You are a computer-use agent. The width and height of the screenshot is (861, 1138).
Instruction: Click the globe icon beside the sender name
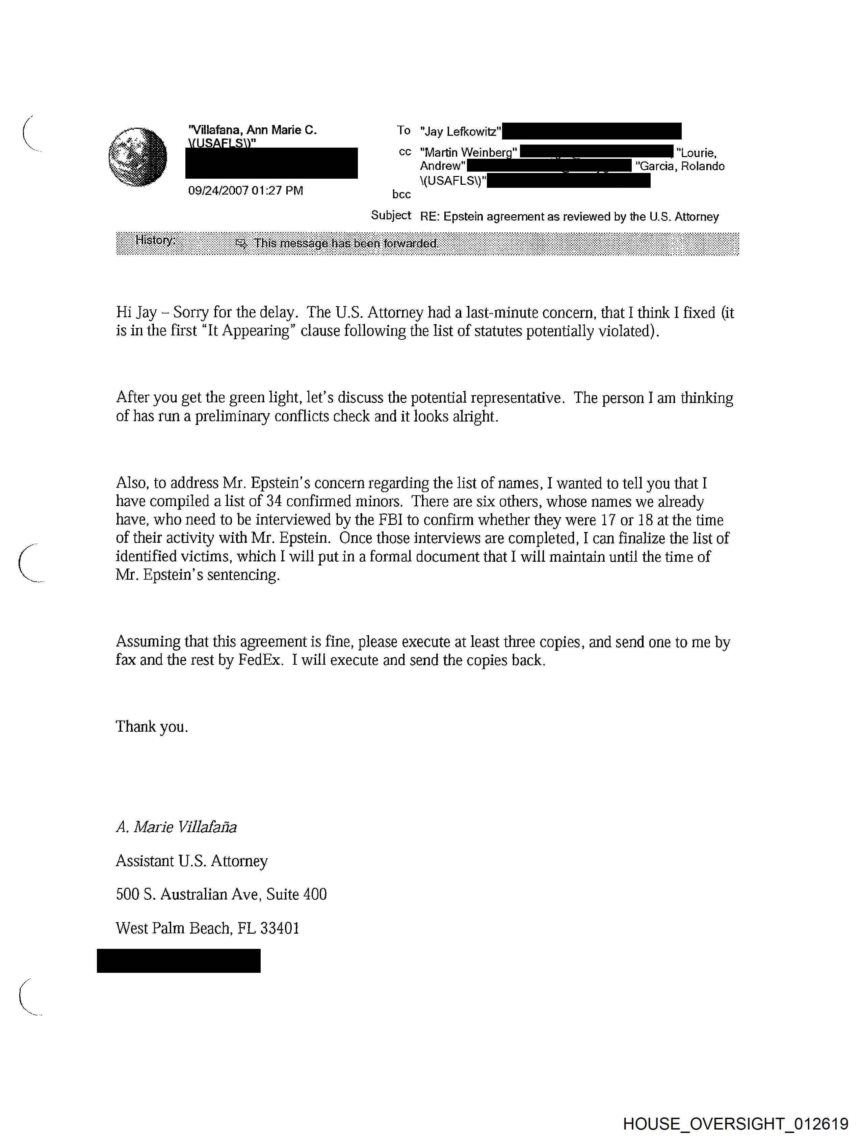pyautogui.click(x=138, y=157)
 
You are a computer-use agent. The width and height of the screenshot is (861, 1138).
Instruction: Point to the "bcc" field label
pyautogui.click(x=401, y=195)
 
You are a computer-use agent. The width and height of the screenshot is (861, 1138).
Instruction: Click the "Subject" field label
pyautogui.click(x=391, y=216)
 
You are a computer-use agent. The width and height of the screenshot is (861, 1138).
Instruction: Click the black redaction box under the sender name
pyautogui.click(x=271, y=163)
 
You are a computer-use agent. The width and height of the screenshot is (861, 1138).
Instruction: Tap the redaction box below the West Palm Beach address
pyautogui.click(x=179, y=961)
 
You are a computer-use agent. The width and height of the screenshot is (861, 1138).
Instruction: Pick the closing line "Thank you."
pyautogui.click(x=152, y=727)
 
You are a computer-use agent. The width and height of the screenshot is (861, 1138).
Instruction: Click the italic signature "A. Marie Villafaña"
pyautogui.click(x=176, y=827)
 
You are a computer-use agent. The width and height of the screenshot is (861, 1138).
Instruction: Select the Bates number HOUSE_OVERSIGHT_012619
pyautogui.click(x=735, y=1123)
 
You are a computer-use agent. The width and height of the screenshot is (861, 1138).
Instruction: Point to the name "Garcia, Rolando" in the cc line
pyautogui.click(x=680, y=166)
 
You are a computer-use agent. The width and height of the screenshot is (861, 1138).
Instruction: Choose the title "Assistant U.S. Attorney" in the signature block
pyautogui.click(x=191, y=861)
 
